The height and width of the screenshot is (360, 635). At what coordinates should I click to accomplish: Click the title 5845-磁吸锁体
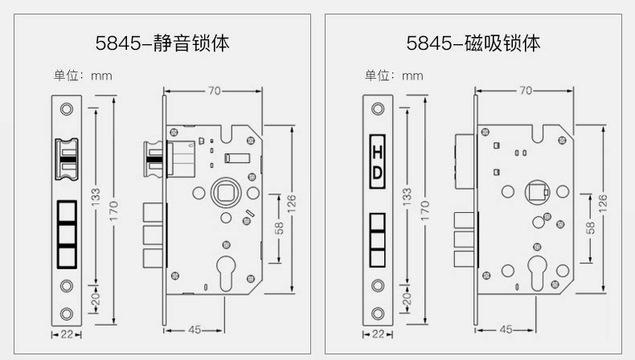(x=473, y=42)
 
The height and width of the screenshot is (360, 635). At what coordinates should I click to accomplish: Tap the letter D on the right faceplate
(x=377, y=174)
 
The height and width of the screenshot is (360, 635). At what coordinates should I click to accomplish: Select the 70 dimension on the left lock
(x=214, y=91)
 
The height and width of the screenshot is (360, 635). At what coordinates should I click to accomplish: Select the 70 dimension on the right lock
(x=525, y=91)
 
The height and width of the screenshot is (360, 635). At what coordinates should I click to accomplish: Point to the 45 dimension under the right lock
(x=506, y=329)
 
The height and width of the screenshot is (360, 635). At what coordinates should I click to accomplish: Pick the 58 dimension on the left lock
(x=279, y=228)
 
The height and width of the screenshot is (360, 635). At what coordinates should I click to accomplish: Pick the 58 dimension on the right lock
(x=590, y=228)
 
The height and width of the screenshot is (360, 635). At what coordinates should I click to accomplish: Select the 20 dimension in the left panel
(x=96, y=299)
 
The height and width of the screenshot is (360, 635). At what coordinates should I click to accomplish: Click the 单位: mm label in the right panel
(x=394, y=76)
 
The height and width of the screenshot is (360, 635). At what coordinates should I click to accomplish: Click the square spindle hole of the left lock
(x=223, y=193)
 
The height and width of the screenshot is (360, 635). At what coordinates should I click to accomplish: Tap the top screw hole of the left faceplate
(x=66, y=108)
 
